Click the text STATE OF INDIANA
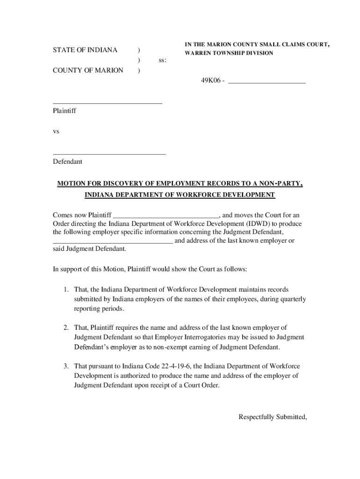tap(85, 50)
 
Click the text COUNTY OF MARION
tap(88, 70)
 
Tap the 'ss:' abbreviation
tap(162, 60)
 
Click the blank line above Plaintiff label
tap(107, 102)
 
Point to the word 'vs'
tap(56, 131)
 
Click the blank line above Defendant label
tap(109, 153)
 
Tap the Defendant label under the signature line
tap(67, 161)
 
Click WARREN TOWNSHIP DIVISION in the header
tap(229, 53)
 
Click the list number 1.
tap(67, 290)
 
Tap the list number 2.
tap(67, 327)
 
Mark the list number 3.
tap(67, 366)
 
